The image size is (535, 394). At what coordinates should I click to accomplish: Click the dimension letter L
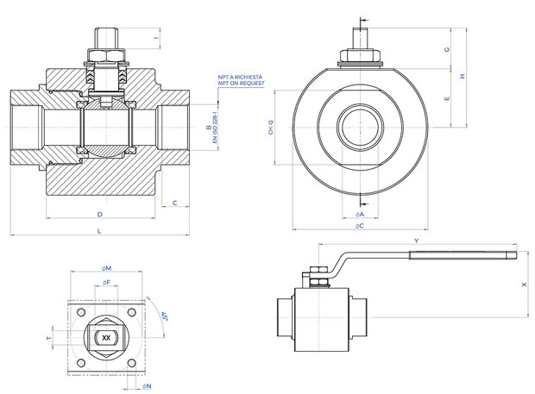[99, 232]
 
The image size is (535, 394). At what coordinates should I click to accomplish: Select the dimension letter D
[99, 213]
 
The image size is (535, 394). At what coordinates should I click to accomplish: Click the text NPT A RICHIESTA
[241, 77]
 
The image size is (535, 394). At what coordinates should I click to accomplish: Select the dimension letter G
[446, 49]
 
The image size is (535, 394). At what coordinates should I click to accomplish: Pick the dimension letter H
[463, 77]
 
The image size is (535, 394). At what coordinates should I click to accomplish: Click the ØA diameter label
[360, 213]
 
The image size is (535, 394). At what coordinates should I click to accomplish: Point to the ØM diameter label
[106, 267]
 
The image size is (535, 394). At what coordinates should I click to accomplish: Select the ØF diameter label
[105, 282]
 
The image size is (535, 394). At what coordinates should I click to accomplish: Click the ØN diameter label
[147, 386]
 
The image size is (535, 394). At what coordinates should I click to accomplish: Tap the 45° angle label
[160, 321]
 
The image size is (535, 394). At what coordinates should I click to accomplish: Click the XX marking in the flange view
[106, 339]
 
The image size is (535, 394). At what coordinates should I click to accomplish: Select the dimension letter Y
[417, 240]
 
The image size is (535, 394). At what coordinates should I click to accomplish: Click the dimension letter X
[523, 284]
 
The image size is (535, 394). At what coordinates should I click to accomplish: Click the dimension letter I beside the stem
[156, 38]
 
